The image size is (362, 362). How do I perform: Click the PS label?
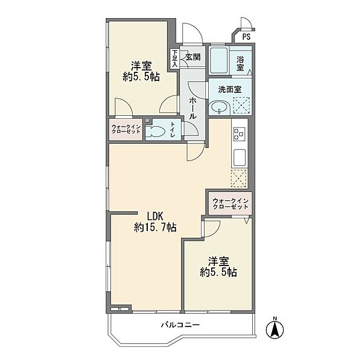point(246,37)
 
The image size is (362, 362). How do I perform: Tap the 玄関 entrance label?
point(193,57)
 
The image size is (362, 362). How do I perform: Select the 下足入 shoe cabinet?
point(175,59)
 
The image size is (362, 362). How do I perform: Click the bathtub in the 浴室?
point(218,60)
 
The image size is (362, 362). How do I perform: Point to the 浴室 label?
point(240,63)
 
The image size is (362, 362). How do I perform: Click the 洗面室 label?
point(229,89)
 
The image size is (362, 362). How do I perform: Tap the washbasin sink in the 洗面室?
point(219,108)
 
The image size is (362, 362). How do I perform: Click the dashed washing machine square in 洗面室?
point(241,106)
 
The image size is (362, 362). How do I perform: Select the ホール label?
point(193,108)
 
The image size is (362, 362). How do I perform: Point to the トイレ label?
point(173,129)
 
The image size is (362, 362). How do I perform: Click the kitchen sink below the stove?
point(240,157)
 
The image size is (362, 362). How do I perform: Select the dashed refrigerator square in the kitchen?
point(239,178)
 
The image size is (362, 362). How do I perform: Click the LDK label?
point(155,217)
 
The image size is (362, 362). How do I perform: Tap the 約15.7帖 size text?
point(155,227)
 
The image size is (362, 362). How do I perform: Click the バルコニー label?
point(180,325)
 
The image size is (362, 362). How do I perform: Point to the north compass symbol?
point(275,328)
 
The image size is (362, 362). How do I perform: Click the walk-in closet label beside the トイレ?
point(126,129)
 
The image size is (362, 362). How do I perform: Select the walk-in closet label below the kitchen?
point(230,204)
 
